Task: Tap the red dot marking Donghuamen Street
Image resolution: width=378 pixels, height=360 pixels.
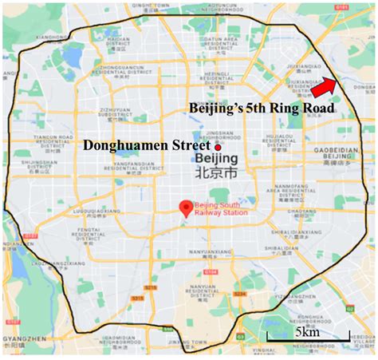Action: [x=216, y=147]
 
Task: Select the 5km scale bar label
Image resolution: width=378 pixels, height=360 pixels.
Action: [x=305, y=331]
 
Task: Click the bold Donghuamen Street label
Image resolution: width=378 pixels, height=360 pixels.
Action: [x=146, y=146]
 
